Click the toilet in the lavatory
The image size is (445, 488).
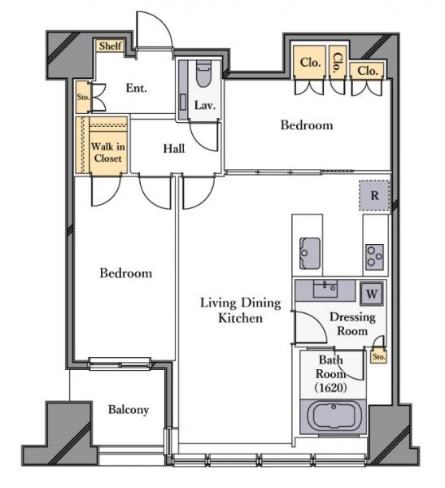(x=203, y=74)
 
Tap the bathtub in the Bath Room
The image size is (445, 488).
(x=333, y=416)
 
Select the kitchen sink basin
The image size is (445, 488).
(x=309, y=253)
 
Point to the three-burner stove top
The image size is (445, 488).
(x=374, y=257)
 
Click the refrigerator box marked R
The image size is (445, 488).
(x=374, y=196)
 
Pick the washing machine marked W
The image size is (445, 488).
(x=372, y=294)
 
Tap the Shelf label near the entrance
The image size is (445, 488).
(x=111, y=46)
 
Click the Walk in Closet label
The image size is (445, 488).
(x=108, y=153)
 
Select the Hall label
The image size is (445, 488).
(x=174, y=149)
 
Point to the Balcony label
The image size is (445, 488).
(x=129, y=410)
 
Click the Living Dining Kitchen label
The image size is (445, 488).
(x=241, y=311)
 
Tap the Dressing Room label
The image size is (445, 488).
(x=352, y=324)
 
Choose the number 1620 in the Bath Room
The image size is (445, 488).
(x=331, y=388)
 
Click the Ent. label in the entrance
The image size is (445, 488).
(x=137, y=88)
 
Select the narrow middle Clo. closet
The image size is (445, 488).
(x=338, y=63)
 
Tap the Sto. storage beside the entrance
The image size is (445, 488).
(x=83, y=97)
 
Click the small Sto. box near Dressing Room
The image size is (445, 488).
(x=379, y=357)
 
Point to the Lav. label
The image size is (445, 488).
(x=204, y=106)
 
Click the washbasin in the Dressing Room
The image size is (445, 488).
(x=325, y=289)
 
